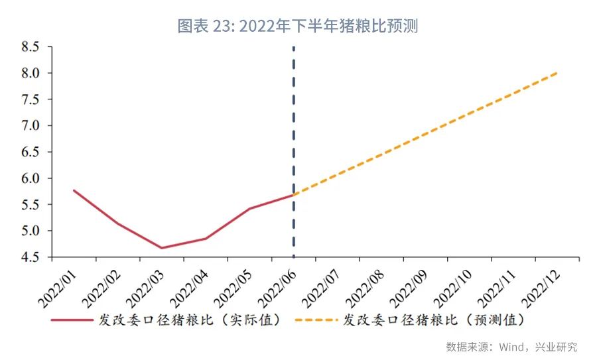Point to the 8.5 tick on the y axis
click(31, 47)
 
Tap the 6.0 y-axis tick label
click(31, 178)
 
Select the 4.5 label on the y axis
click(31, 257)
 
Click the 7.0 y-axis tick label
click(31, 126)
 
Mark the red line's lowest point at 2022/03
click(161, 248)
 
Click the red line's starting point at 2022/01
click(74, 190)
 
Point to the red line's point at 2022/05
click(249, 209)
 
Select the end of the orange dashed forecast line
click(557, 73)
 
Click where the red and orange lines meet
click(293, 194)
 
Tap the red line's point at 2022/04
click(205, 239)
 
